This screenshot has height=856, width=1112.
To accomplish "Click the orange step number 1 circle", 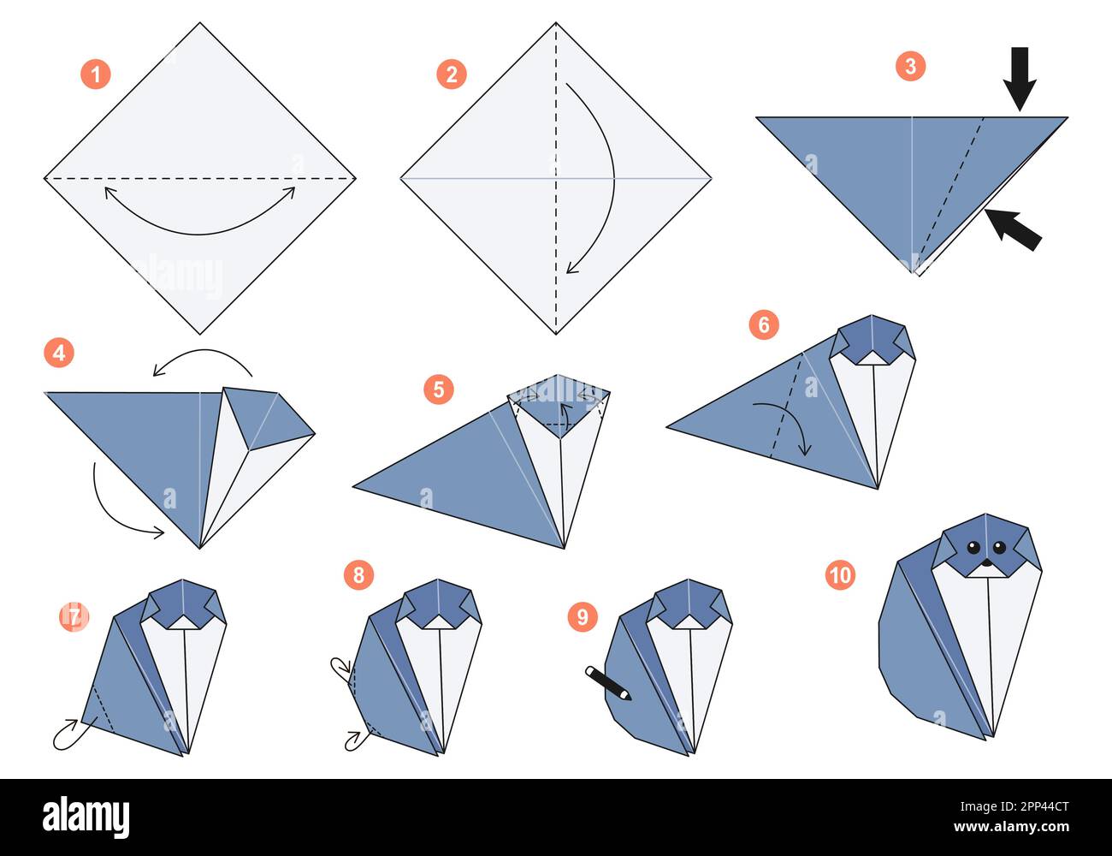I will pos(96,74).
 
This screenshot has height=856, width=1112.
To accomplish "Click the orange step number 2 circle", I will pos(452,74).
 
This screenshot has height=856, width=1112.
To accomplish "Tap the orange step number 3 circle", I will pos(910,66).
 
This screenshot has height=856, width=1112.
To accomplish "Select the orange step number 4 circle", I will pos(59,353).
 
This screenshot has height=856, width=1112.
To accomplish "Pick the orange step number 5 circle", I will pos(438,389).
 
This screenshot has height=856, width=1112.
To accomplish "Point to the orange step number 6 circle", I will pos(764,324).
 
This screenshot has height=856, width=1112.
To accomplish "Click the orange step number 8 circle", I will pos(358,574).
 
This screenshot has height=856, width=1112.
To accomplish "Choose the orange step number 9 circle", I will pos(583,616).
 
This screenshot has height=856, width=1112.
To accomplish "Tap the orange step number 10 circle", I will pos(840,574).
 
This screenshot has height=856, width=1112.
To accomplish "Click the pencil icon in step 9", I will pos(608,683).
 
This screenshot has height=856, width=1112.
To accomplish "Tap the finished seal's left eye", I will pos(973,548).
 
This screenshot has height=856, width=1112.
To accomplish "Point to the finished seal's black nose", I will pos(985,563).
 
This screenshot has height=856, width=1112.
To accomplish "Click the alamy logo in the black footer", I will pos(86,817).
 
